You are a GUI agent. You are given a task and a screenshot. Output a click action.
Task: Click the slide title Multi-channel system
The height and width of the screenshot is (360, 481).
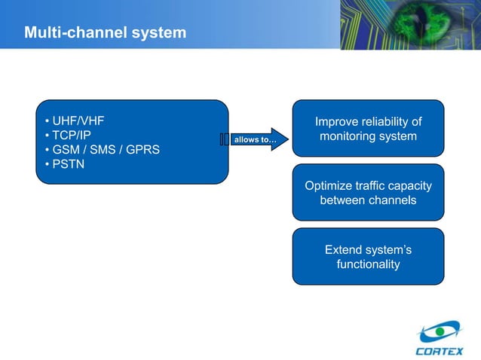[104, 33]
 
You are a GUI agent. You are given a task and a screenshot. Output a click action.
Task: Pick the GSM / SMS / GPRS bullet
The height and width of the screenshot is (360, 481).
[102, 149]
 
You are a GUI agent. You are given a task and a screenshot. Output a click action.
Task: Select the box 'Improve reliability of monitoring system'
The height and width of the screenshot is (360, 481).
[368, 129]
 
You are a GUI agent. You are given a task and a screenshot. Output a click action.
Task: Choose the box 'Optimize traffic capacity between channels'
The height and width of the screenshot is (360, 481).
[368, 193]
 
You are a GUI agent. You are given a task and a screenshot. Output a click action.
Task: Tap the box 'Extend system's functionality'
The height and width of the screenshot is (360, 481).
[368, 257]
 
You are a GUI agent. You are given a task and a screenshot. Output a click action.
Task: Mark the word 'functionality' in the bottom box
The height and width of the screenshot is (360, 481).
[368, 264]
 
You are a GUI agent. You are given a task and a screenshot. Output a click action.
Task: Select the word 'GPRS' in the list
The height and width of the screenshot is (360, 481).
[143, 149]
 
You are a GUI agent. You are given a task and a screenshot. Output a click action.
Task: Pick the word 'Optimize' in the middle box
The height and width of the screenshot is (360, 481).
[327, 186]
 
